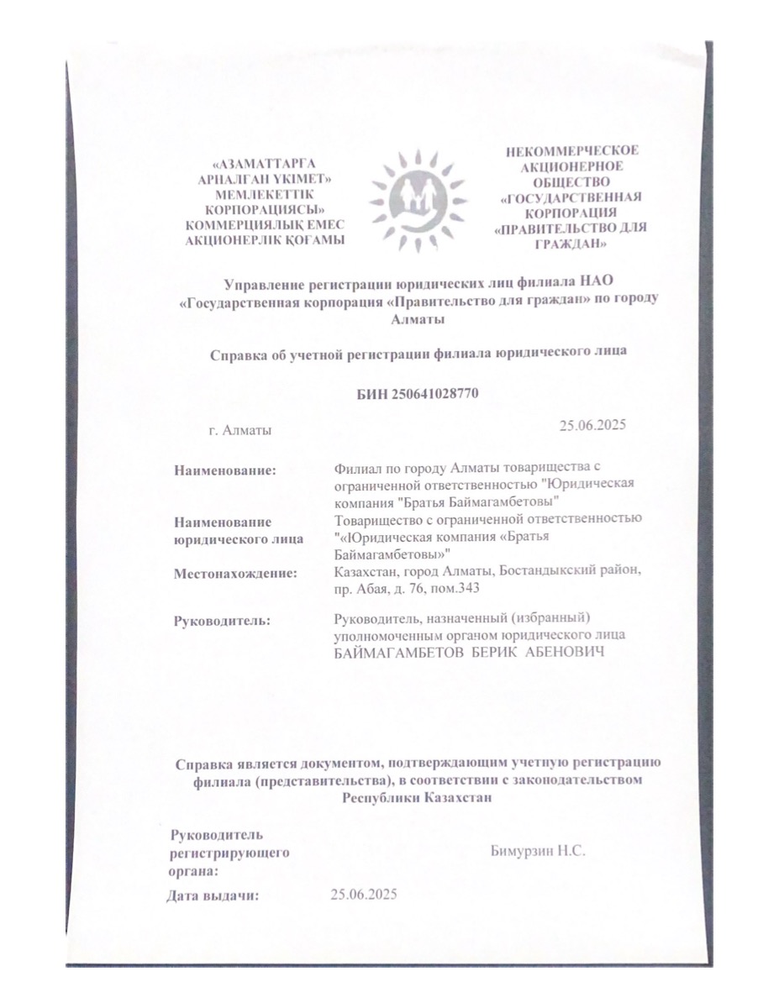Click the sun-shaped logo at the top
click(x=418, y=199)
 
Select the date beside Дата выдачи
click(x=364, y=893)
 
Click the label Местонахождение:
click(x=236, y=574)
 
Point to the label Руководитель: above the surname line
click(x=222, y=621)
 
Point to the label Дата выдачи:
click(x=213, y=895)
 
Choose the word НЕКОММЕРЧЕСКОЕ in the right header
click(x=571, y=151)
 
